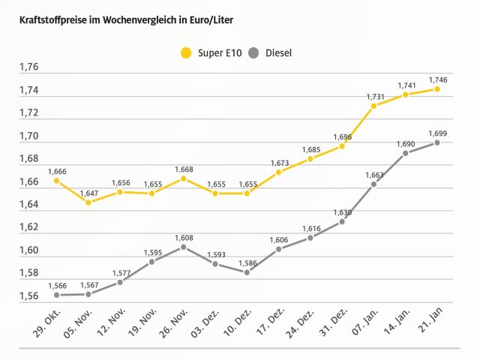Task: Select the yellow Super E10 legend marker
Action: coord(186,52)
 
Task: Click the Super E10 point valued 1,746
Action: coord(437,89)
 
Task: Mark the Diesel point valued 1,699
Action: coord(437,142)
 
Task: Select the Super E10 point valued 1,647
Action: coord(88,202)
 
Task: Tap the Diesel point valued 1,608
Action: coord(183,247)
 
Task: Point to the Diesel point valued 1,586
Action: coord(247,272)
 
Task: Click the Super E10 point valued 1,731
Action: coord(373,106)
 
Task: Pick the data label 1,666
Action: coord(56,172)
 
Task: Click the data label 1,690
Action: coord(406,143)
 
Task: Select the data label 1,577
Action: coord(120,273)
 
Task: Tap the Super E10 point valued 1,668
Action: coord(183,178)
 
